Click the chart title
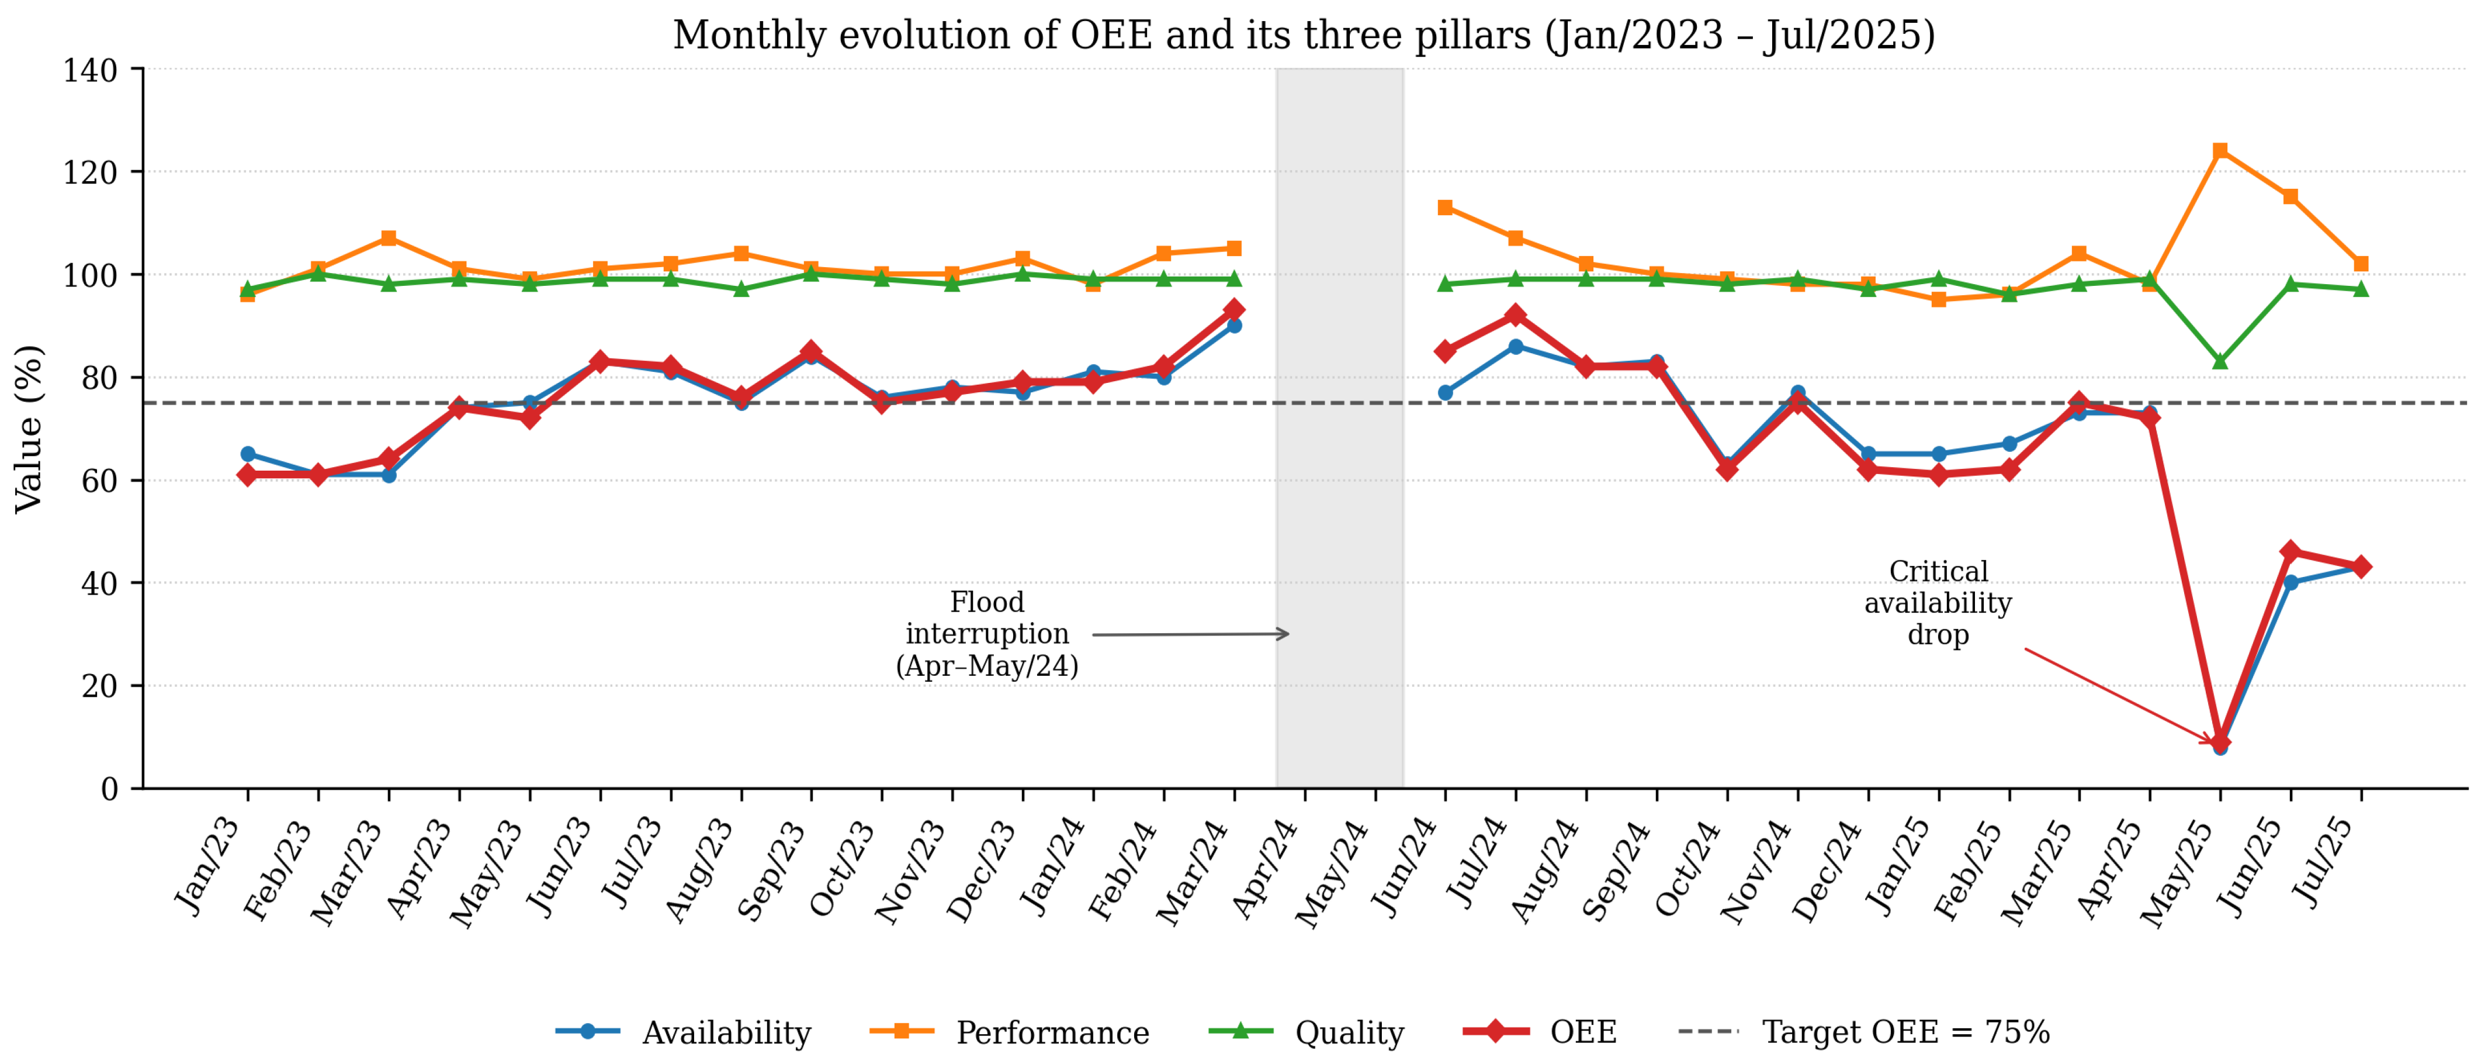coord(1304,36)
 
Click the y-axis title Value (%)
coord(29,428)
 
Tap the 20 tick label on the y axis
coord(99,686)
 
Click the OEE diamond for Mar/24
coord(1233,310)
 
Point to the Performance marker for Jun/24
coord(1445,208)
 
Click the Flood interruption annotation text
coord(986,634)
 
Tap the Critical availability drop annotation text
coord(1938,603)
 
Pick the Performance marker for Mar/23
coord(388,239)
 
